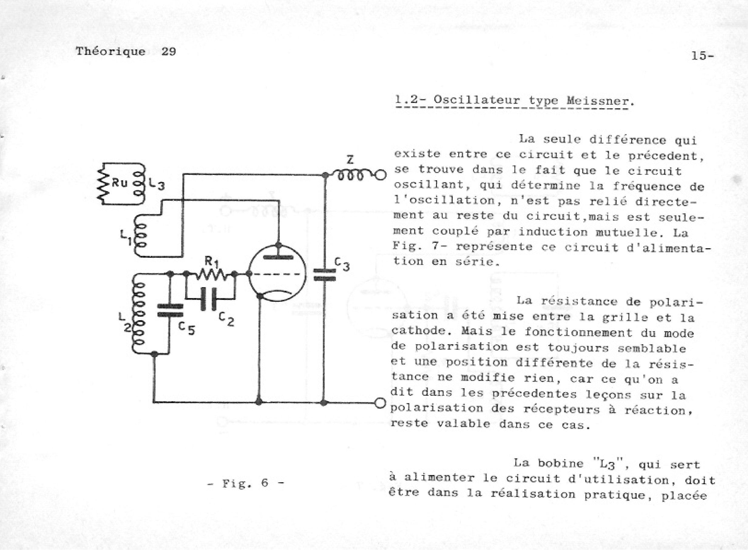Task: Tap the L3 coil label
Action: pos(156,183)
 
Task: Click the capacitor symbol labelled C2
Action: pos(209,299)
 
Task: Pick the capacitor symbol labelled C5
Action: pos(170,310)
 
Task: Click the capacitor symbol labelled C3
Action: pos(324,275)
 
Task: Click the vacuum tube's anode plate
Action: pos(279,257)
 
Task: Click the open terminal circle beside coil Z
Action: pos(381,175)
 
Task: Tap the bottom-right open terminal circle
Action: pos(380,403)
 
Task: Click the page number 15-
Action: pos(702,55)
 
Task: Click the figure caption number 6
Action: pos(265,483)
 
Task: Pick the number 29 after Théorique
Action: pos(168,52)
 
